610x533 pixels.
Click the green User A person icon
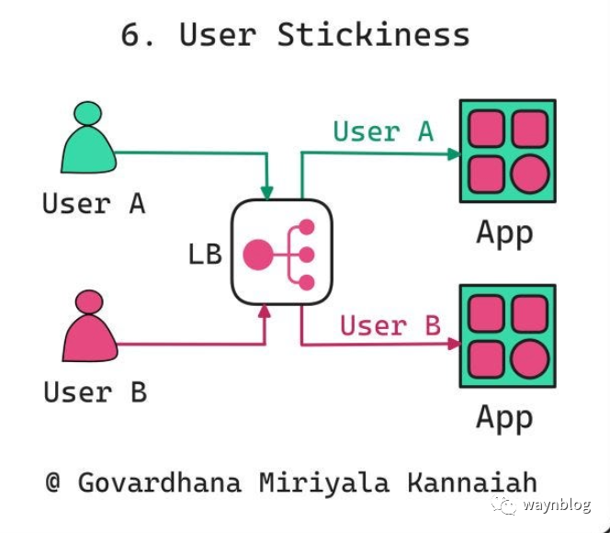tap(88, 143)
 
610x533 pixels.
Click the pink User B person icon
tap(90, 330)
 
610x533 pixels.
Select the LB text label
tap(205, 254)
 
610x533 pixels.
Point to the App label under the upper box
tap(504, 232)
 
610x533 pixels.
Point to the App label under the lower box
tap(504, 418)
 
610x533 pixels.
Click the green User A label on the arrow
tap(382, 131)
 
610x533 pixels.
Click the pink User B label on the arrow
tap(390, 325)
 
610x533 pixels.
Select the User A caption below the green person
tap(94, 203)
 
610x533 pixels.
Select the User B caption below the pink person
tap(95, 392)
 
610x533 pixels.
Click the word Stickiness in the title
tap(373, 35)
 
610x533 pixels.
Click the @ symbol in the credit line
tap(53, 482)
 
